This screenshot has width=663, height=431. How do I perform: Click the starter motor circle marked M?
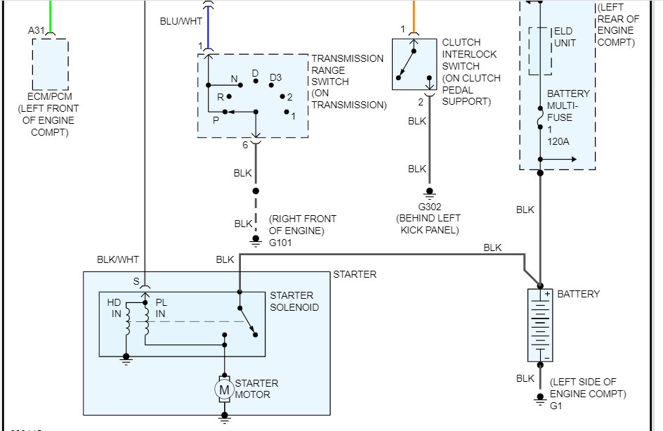[224, 389]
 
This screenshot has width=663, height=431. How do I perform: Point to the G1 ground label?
[556, 406]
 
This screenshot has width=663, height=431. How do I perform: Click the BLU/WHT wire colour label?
[181, 21]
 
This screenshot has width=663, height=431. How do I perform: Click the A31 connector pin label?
[35, 30]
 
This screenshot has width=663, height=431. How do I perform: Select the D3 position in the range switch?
[275, 77]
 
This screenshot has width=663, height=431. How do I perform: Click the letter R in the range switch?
[220, 97]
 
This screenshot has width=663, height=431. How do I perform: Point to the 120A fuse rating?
[559, 141]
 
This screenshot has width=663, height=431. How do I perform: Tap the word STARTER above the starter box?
[355, 274]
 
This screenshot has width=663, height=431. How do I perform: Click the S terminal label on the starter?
[136, 281]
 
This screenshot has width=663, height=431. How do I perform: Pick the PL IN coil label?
[162, 308]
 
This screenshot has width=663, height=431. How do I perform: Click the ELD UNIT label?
[565, 37]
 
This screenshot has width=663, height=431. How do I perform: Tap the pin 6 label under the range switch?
[245, 145]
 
